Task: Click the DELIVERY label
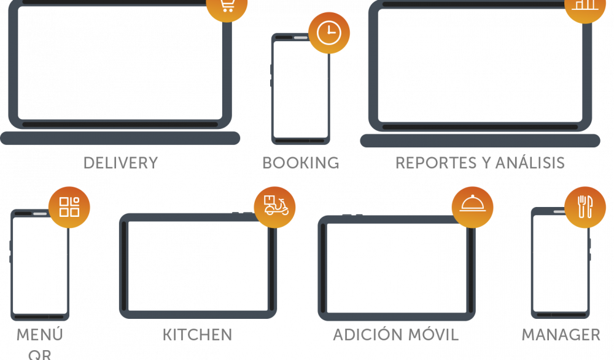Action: [x=120, y=163]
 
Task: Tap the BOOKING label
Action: [x=300, y=163]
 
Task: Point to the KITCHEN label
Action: [x=197, y=335]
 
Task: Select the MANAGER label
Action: [x=561, y=335]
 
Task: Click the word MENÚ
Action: [x=39, y=335]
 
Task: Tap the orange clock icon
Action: [x=329, y=33]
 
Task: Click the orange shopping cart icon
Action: [x=227, y=6]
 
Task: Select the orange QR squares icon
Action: [x=69, y=206]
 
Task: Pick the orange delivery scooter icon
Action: [x=274, y=206]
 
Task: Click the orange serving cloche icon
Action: [x=473, y=206]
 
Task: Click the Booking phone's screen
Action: [x=300, y=90]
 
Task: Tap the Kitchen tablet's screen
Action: [x=197, y=265]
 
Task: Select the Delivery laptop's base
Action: [x=120, y=138]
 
